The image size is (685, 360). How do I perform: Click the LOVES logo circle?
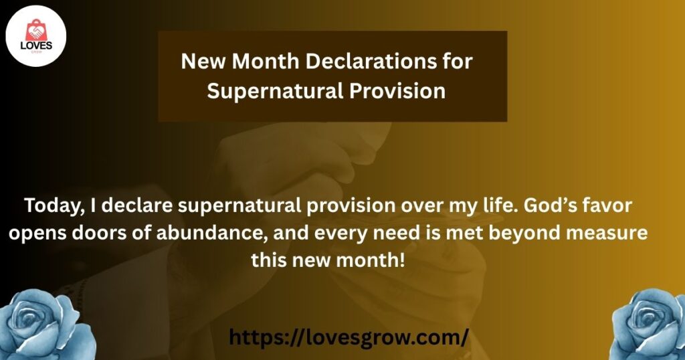[x=36, y=36]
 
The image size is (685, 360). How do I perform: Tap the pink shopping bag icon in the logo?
[x=35, y=31]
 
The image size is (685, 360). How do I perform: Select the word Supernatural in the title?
[x=275, y=91]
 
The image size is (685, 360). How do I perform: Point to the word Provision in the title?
[x=397, y=91]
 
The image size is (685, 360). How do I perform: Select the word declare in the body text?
[x=137, y=205]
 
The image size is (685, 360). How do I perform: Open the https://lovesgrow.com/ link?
[x=349, y=337]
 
